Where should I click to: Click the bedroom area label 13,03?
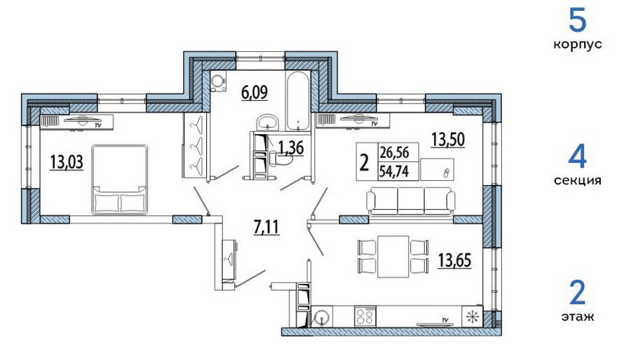(67, 162)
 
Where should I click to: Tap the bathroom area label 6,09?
(255, 93)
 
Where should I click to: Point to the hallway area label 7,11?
(266, 227)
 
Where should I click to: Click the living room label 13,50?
(448, 140)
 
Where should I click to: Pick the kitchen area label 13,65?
(455, 260)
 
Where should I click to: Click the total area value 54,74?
(394, 172)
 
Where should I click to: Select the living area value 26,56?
(394, 153)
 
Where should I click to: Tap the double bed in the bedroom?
(119, 179)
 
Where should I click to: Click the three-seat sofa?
(411, 201)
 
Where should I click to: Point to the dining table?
(393, 257)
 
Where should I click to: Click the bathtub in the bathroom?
(298, 100)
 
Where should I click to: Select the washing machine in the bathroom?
(218, 81)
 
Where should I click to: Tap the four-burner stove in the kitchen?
(365, 316)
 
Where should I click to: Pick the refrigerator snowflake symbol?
(473, 316)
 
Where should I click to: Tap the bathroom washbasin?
(267, 122)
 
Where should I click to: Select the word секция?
(578, 180)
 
